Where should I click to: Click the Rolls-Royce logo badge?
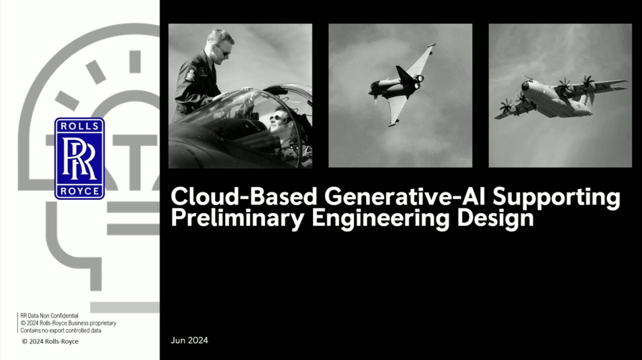point(79,159)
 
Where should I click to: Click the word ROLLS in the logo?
point(79,126)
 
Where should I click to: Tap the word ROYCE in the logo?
point(79,191)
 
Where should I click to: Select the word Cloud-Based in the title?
point(244,196)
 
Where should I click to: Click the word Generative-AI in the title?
point(405,196)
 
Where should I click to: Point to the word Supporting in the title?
point(557,198)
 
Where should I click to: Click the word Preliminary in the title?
point(238,218)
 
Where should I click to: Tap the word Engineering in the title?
point(381,218)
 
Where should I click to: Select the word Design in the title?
point(496,218)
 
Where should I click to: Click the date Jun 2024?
point(189,340)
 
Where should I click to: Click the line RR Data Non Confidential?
point(49,316)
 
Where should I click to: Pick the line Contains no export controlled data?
point(61,330)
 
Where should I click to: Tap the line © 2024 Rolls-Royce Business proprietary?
point(68,323)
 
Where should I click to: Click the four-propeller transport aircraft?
point(561,97)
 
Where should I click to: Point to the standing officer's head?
point(220,42)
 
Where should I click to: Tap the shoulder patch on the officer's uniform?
point(190,75)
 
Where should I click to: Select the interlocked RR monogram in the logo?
point(79,159)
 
